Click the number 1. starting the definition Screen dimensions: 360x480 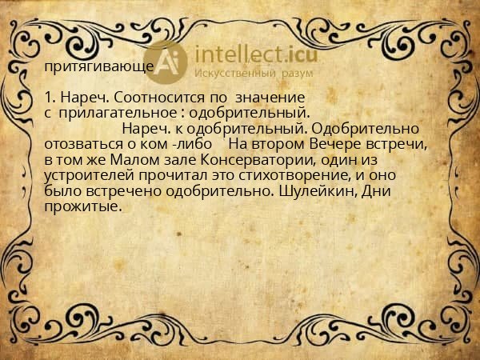click(x=51, y=97)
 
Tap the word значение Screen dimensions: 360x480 click(x=265, y=97)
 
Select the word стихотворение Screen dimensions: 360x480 click(x=287, y=174)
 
